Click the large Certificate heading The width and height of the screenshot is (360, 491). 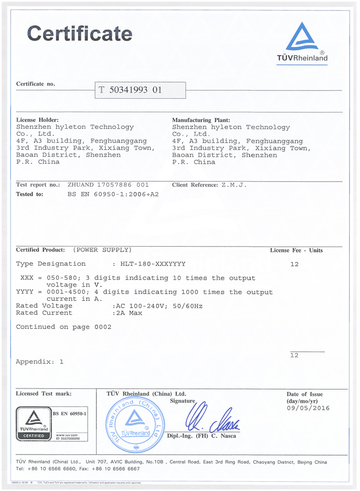[x=80, y=34]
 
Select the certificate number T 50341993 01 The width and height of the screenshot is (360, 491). [x=130, y=90]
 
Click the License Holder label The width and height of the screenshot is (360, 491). [x=37, y=119]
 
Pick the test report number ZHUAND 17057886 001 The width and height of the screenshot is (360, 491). [x=108, y=185]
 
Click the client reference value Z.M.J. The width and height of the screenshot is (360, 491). [x=234, y=185]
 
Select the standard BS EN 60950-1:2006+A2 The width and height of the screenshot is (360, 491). [x=113, y=194]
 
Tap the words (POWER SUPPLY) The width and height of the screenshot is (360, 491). [x=103, y=250]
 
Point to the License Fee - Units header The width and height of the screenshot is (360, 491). [x=296, y=250]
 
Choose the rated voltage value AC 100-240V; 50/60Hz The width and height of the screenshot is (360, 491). [x=157, y=306]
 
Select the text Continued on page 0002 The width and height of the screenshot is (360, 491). [x=63, y=327]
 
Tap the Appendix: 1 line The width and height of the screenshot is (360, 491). [x=40, y=362]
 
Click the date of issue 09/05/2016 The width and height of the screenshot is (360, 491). [x=308, y=408]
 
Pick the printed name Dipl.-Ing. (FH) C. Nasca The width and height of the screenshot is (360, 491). [x=201, y=436]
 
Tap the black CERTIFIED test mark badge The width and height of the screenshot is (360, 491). [x=33, y=423]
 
